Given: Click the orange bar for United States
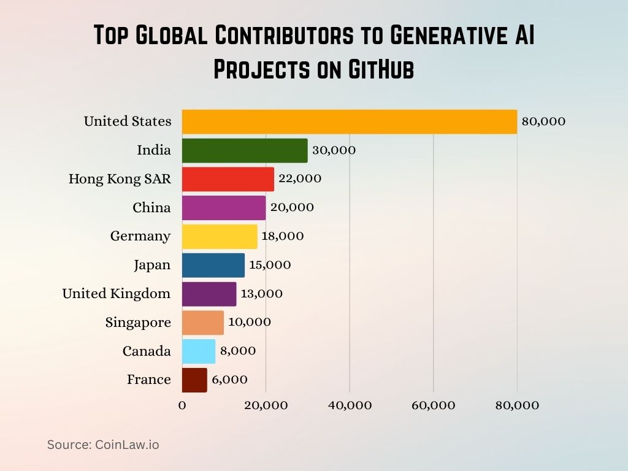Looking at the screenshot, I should [x=350, y=121].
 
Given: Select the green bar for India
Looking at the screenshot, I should [x=245, y=150].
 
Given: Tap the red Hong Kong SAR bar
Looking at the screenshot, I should [x=228, y=179].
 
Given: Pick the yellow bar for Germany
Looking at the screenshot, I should [x=220, y=236].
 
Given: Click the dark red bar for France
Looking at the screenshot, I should [x=194, y=380].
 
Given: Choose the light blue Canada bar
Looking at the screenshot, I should [x=199, y=351].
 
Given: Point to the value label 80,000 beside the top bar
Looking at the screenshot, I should [x=543, y=121].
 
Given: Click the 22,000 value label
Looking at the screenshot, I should [x=301, y=178].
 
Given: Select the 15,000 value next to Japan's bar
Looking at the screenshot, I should [x=270, y=265].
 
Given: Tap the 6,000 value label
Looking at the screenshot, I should [x=230, y=380].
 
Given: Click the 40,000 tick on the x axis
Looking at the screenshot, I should [x=350, y=405].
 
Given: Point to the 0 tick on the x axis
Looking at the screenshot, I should [x=182, y=405].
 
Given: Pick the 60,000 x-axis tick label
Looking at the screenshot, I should [x=433, y=405].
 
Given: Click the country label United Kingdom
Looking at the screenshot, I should [x=116, y=294].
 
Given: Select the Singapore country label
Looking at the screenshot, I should [x=138, y=323].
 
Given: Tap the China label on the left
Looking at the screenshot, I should [x=151, y=208].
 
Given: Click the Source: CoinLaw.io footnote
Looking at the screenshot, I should [x=103, y=445].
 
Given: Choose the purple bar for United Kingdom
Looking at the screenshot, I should [x=209, y=294].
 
